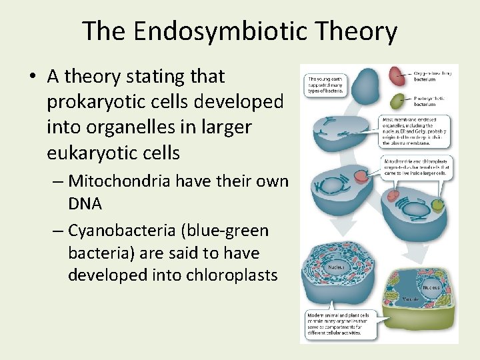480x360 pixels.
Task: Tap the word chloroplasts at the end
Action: point(226,275)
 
